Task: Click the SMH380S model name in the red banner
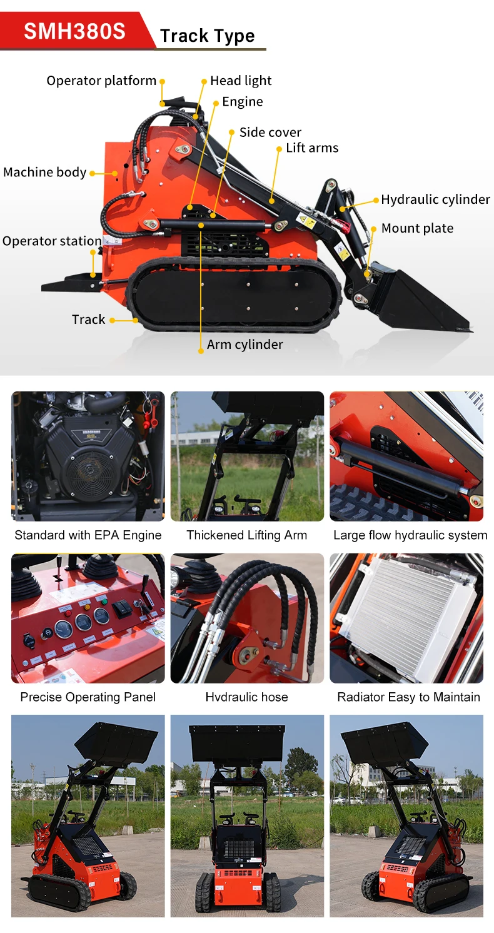pos(74,31)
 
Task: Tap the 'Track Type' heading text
pos(207,36)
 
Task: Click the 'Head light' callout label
pos(240,81)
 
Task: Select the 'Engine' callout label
pos(242,101)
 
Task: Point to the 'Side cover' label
pos(270,132)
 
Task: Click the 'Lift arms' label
pos(312,148)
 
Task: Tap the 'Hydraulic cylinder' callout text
pos(435,199)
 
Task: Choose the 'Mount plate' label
pos(417,228)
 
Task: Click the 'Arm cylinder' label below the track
pos(244,345)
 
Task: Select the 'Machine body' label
pos(44,172)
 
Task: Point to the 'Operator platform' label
pos(101,81)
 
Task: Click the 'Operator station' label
pos(52,241)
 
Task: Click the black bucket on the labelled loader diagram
pos(419,300)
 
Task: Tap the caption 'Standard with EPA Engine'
pos(88,535)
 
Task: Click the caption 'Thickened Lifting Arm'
pos(247,535)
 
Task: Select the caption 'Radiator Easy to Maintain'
pos(408,697)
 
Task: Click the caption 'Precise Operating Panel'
pos(88,697)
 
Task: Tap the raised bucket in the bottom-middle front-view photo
pos(237,743)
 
